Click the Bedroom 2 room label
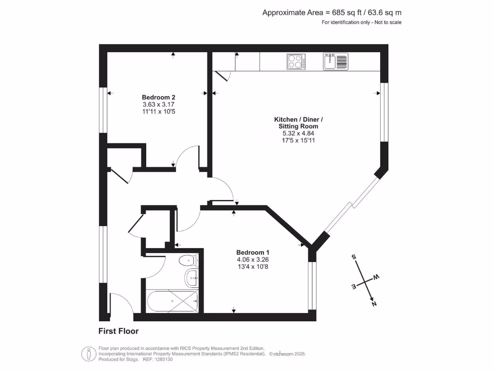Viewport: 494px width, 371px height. click(155, 97)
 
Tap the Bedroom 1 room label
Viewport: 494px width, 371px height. click(252, 253)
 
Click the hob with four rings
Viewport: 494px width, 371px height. click(296, 61)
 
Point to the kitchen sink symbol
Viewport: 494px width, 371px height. click(335, 61)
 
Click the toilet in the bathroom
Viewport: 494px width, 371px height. click(188, 261)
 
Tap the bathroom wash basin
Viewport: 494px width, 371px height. click(191, 278)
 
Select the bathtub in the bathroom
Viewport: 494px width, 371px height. click(172, 301)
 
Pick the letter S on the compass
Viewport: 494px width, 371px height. click(354, 257)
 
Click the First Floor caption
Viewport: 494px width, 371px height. click(118, 331)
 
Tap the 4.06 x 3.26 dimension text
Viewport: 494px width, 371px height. click(252, 259)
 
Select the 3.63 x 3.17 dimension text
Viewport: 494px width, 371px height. click(155, 104)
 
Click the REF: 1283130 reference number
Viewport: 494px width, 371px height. click(157, 359)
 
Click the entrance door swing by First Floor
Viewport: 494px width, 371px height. click(121, 304)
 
